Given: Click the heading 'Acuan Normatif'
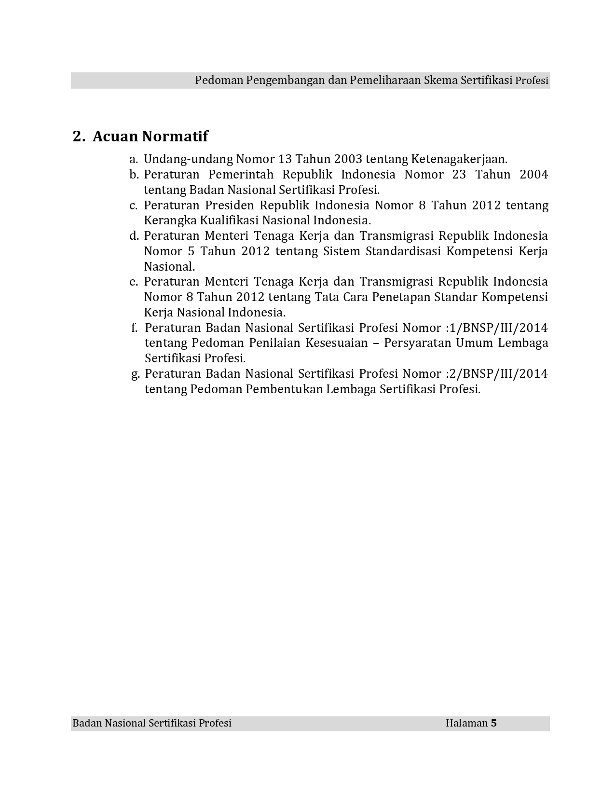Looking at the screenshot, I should [x=150, y=137].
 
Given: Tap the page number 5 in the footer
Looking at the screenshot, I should [x=493, y=723].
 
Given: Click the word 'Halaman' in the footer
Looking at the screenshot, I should [x=466, y=723].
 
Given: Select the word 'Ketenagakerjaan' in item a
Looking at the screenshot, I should [x=459, y=159].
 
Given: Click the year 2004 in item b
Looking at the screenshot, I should [x=533, y=175].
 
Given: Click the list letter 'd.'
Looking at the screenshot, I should [x=134, y=236].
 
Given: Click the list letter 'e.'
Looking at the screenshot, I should [x=134, y=282].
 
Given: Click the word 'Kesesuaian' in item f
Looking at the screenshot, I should [x=342, y=343].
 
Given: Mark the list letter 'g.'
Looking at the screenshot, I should [x=136, y=374].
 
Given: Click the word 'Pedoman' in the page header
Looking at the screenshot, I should [x=219, y=80].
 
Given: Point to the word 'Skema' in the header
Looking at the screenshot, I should [x=440, y=80].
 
